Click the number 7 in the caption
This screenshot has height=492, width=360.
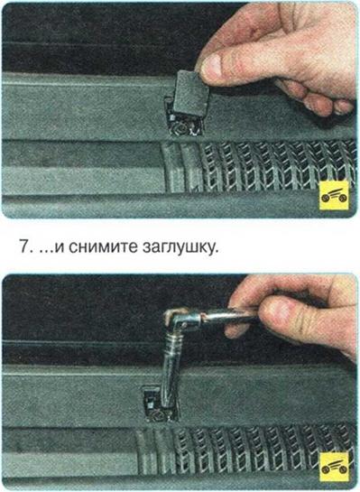[x=23, y=247]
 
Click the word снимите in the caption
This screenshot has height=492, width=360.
[x=103, y=247]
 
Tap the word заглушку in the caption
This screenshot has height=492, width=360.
[x=180, y=247]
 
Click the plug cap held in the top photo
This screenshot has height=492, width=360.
[x=189, y=94]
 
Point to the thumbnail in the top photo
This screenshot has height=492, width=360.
[x=212, y=65]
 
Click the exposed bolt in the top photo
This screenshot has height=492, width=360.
[x=182, y=127]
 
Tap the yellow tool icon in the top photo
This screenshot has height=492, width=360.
[x=334, y=195]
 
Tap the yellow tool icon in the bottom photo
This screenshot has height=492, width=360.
[x=334, y=466]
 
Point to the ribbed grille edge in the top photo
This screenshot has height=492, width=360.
[x=181, y=166]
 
